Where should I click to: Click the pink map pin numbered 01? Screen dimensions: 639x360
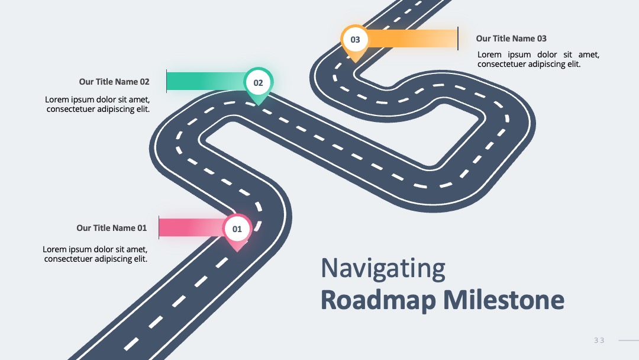[237, 230]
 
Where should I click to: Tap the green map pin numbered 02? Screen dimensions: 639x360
[259, 84]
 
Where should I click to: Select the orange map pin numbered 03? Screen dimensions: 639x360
[355, 41]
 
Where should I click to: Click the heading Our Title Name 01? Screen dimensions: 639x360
[112, 228]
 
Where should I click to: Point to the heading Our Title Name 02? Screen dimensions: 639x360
[114, 82]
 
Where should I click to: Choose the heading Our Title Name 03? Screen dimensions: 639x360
[511, 38]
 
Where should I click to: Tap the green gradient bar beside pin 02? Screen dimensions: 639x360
[206, 81]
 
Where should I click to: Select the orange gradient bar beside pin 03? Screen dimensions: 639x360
[412, 38]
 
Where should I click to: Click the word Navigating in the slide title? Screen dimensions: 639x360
[383, 269]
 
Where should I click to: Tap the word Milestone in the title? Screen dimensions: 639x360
[504, 300]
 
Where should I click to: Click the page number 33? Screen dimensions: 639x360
[599, 340]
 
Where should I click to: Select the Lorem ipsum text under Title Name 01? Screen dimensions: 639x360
[95, 254]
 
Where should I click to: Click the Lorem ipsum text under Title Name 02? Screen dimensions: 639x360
[98, 104]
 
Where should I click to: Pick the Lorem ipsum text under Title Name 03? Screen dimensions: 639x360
[538, 59]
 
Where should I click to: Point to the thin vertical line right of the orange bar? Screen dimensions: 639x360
[458, 38]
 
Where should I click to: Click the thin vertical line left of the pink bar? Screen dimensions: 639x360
[159, 227]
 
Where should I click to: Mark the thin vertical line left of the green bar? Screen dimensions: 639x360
[166, 81]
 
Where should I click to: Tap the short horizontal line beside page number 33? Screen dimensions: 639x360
[629, 340]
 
